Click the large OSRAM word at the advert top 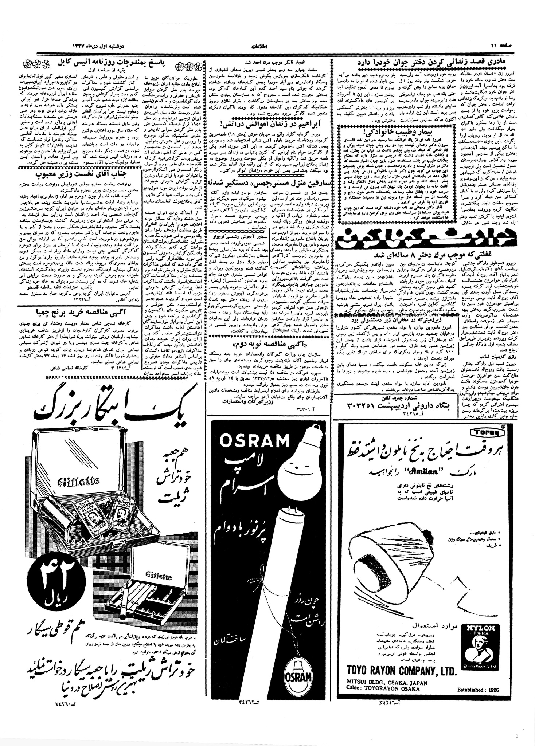click(x=254, y=441)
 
